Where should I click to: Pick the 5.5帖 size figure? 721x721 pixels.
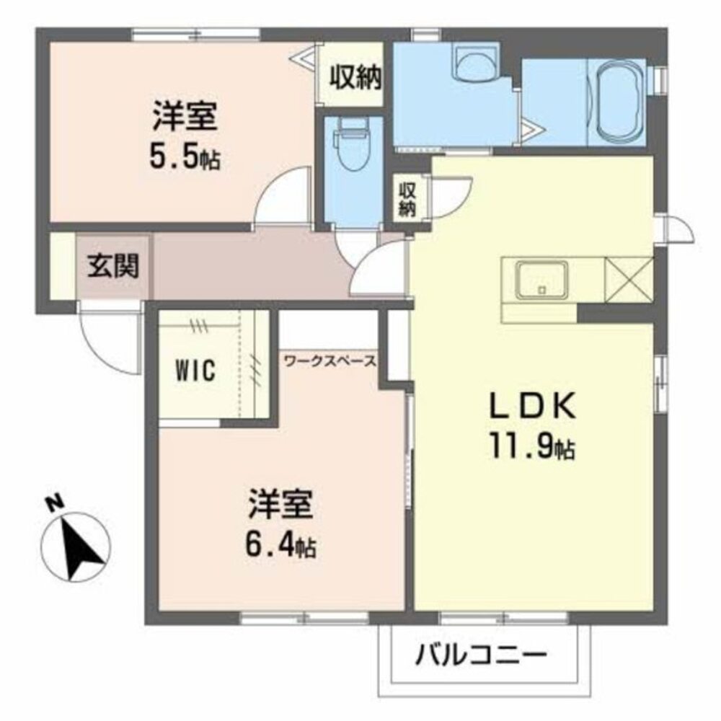(x=185, y=157)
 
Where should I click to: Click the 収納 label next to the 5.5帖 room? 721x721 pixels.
(x=355, y=76)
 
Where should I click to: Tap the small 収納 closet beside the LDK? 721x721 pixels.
(x=407, y=198)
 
